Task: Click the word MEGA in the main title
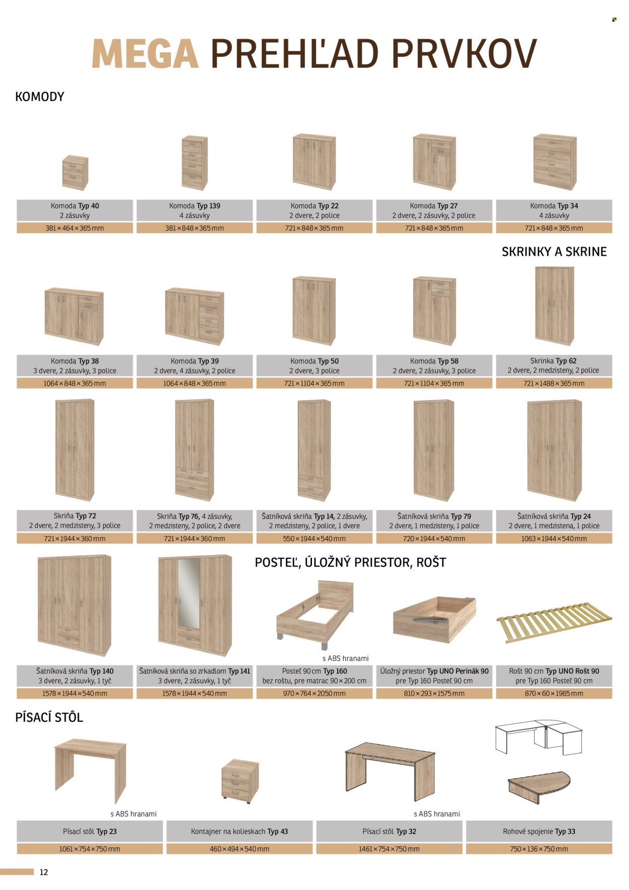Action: pos(145,54)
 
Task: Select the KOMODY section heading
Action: pos(40,97)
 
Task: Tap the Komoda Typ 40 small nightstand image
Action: pos(75,173)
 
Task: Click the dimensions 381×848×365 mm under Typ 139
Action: pos(195,228)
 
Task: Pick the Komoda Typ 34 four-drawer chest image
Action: pos(555,162)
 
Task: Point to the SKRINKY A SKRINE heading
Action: pos(554,252)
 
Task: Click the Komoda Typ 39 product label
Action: pos(195,361)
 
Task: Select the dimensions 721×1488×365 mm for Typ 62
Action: pos(554,384)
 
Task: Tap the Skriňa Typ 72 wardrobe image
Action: pos(75,450)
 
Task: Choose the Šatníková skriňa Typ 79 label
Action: pos(434,516)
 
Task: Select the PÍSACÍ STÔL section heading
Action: pos(49,717)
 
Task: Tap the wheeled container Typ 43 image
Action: pos(240,781)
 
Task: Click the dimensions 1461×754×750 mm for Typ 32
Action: pos(389,849)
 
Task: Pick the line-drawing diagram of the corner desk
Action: pos(538,737)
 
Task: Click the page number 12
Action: pos(44,872)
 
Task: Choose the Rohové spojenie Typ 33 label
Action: pos(539,832)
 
